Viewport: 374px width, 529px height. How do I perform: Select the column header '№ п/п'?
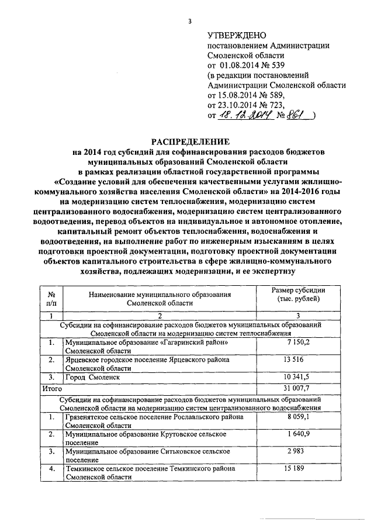tap(51, 299)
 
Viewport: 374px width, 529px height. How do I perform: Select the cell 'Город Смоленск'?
tap(93, 378)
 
